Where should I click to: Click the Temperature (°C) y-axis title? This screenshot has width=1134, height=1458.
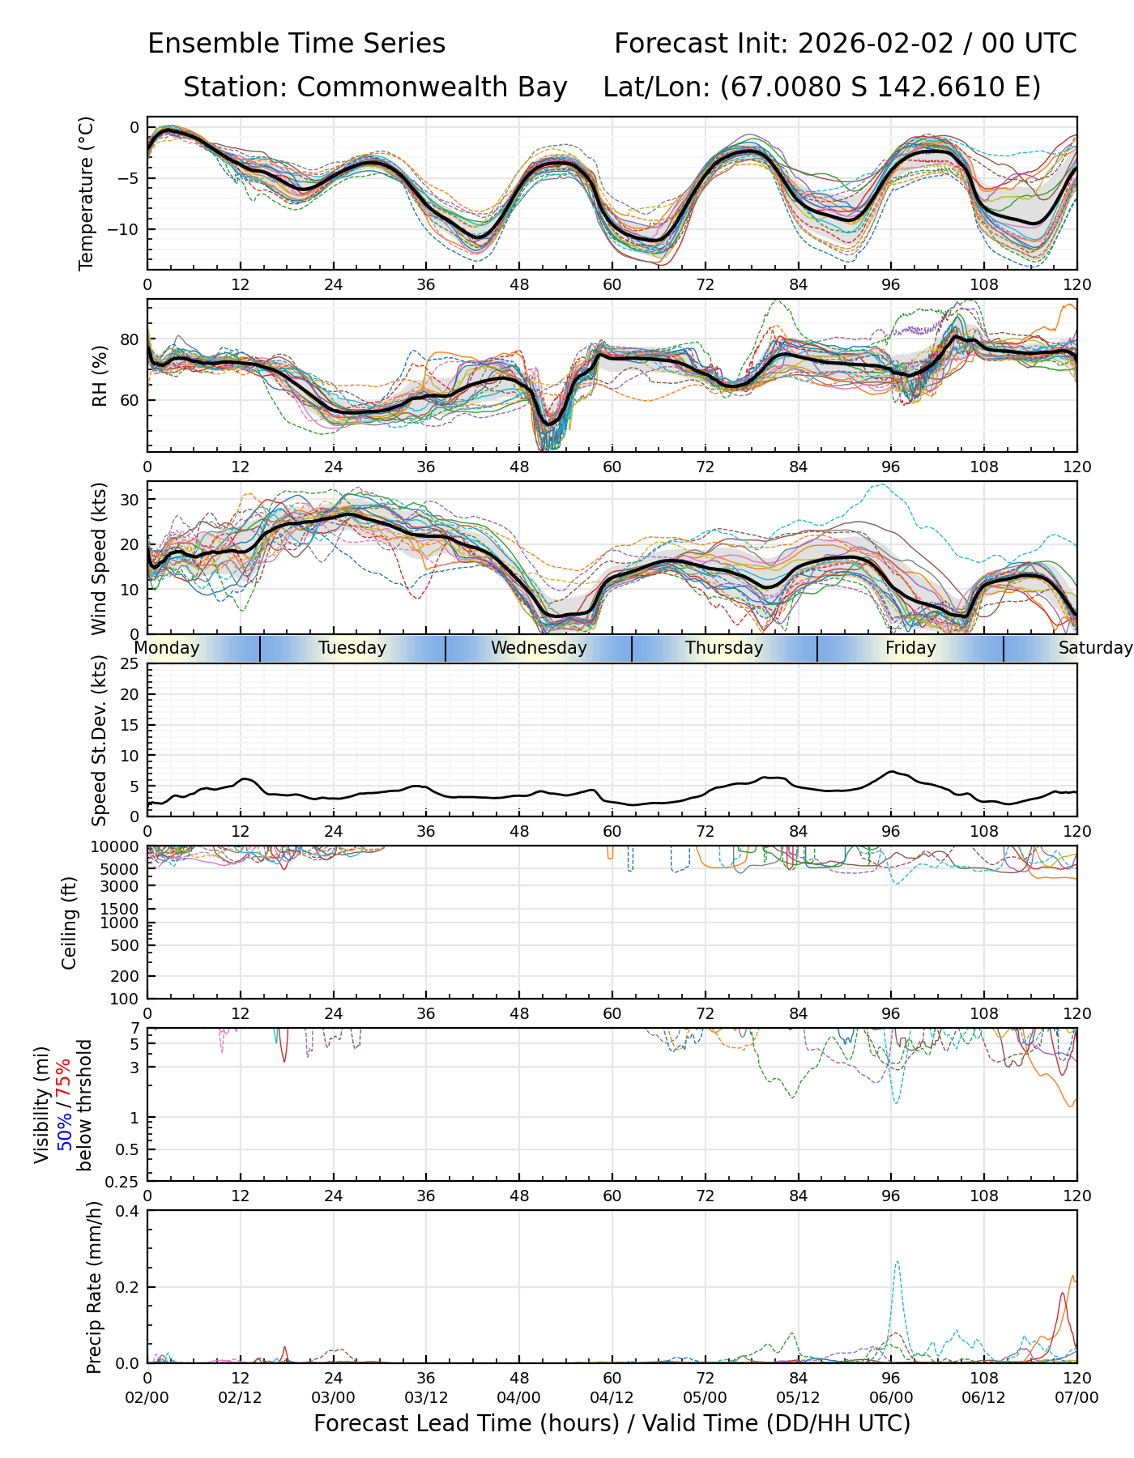[x=87, y=193]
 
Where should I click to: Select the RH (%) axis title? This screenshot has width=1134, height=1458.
[x=100, y=375]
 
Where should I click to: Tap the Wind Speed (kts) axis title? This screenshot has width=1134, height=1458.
[x=100, y=558]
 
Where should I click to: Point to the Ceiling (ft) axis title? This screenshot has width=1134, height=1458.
[x=70, y=923]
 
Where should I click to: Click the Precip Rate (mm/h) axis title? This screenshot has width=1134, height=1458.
[x=95, y=1287]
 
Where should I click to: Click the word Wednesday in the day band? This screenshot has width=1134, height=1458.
[x=539, y=648]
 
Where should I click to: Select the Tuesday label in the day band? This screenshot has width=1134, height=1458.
[x=352, y=648]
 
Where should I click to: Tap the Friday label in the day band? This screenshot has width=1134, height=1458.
[x=910, y=648]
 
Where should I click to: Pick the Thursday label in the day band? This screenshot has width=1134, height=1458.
[x=724, y=648]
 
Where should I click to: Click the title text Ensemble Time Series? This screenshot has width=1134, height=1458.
[x=296, y=44]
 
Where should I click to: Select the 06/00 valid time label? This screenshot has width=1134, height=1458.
[x=891, y=1398]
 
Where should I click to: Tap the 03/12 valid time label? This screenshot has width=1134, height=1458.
[x=426, y=1398]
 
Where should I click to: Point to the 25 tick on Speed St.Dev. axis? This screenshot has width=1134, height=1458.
[x=130, y=664]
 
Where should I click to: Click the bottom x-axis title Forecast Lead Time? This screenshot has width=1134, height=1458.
[x=612, y=1424]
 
